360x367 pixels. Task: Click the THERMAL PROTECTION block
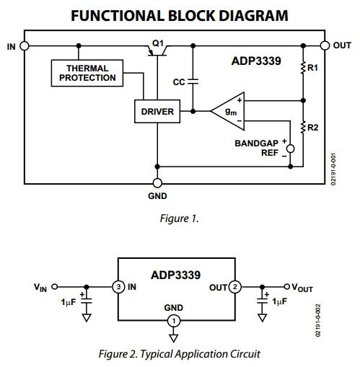point(87,73)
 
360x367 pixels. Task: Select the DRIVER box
point(157,111)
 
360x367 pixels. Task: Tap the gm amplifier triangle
point(228,111)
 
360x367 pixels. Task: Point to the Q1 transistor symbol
point(157,50)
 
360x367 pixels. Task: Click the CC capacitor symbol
point(193,81)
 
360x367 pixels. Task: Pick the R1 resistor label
point(312,68)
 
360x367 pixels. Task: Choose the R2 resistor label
point(313,128)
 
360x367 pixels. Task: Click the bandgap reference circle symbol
point(290,149)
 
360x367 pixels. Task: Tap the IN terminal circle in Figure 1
point(25,45)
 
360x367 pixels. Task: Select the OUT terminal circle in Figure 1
point(325,45)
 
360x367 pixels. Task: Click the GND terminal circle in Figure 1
point(157,183)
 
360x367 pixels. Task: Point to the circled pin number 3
point(118,287)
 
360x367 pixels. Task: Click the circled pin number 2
point(235,287)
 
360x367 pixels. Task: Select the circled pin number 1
point(174,321)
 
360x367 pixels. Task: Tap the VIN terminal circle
point(55,287)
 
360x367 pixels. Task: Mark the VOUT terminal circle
point(286,286)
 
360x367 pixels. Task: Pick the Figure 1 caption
point(180,218)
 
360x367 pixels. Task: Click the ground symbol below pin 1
point(174,338)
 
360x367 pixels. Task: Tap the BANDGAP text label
point(256,143)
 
